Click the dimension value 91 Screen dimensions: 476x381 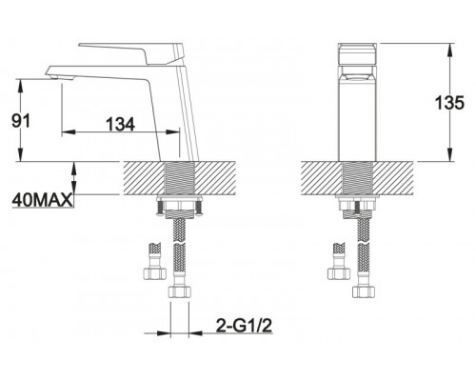click(20, 121)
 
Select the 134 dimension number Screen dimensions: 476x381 click(120, 124)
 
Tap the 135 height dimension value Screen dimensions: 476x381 click(449, 102)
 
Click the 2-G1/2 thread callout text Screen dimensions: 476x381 click(244, 325)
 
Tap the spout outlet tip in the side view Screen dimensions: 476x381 click(54, 76)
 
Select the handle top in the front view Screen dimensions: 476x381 click(357, 54)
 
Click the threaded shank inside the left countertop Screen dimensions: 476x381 click(179, 178)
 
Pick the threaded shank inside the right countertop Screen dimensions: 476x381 click(357, 178)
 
